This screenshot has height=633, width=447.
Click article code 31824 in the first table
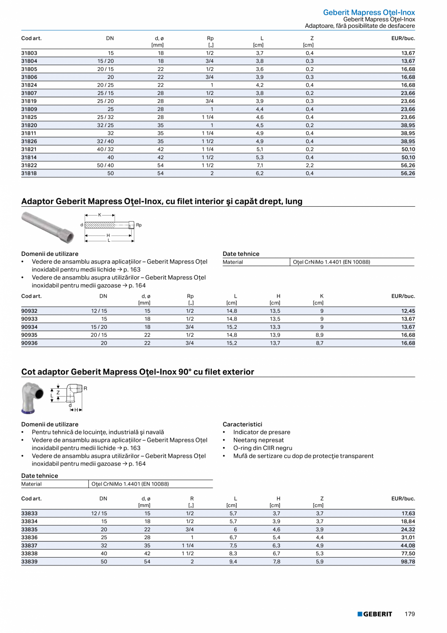[29, 85]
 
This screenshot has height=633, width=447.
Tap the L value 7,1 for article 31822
[259, 165]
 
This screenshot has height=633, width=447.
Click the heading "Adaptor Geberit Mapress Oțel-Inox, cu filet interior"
[162, 201]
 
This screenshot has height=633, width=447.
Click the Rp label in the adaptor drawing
[139, 225]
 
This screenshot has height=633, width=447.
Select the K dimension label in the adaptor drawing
[100, 215]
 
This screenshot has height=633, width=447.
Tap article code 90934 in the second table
[29, 327]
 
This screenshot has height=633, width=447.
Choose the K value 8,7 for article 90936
[322, 343]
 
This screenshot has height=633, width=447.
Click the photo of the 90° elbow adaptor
[32, 397]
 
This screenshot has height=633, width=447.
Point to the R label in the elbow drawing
[85, 388]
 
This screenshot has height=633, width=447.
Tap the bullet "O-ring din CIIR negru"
[262, 448]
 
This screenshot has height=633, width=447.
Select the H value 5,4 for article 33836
[276, 537]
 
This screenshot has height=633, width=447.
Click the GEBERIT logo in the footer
[375, 614]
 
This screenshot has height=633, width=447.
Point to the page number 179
[410, 614]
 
